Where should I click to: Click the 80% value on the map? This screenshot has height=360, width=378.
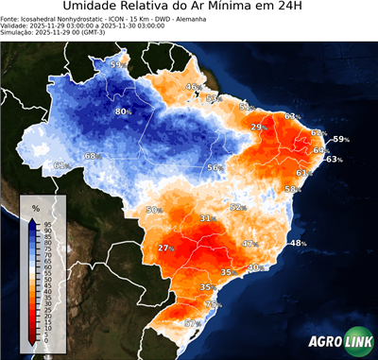(123, 111)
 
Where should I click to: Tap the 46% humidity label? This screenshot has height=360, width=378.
(193, 87)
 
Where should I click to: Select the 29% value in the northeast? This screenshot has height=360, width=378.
(258, 127)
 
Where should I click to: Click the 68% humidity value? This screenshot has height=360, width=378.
(92, 156)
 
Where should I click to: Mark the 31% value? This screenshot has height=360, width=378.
(207, 218)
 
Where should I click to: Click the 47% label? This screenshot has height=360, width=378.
(249, 244)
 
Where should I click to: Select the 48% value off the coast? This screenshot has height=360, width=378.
(298, 243)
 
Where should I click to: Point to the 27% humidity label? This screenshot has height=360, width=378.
(166, 248)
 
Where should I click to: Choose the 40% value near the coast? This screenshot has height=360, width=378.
(254, 267)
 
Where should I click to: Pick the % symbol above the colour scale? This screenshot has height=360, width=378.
(35, 207)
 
